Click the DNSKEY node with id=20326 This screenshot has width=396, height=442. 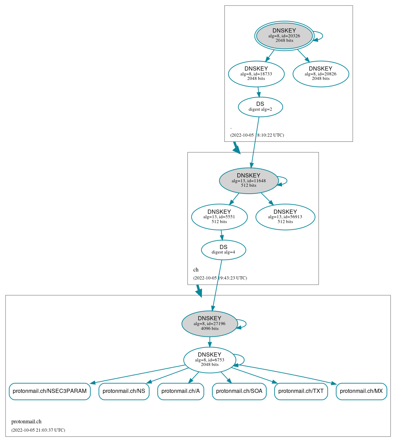(284, 36)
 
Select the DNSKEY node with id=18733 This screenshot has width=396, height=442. (256, 74)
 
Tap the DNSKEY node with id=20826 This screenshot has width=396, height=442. (321, 74)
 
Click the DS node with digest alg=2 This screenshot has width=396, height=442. (260, 107)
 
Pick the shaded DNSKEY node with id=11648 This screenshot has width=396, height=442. (249, 181)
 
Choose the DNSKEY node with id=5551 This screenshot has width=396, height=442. (219, 217)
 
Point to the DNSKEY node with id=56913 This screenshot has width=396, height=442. (285, 217)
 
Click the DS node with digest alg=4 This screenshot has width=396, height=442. (223, 250)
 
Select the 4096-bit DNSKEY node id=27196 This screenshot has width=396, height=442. (210, 324)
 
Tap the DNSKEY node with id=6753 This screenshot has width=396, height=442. (210, 360)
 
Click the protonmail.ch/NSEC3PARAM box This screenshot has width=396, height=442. (50, 391)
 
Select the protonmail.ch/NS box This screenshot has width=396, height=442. (124, 391)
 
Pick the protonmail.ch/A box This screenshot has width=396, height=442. (181, 391)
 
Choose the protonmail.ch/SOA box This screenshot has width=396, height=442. (239, 391)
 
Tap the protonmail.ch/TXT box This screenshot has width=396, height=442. (301, 391)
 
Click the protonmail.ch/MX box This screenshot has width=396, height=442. (361, 391)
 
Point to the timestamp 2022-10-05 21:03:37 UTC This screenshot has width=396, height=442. (38, 430)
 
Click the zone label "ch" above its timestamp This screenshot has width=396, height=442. (196, 270)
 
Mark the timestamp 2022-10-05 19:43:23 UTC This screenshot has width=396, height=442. (220, 278)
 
